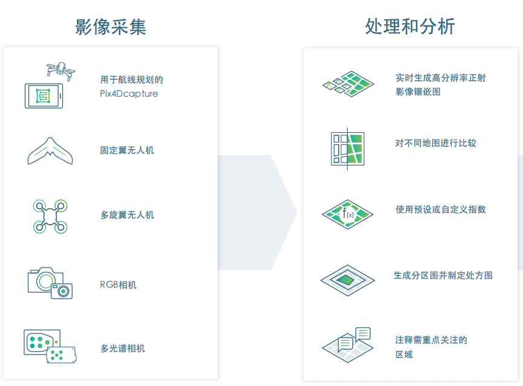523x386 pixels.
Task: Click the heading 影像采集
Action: click(111, 27)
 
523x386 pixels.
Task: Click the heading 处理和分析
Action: click(410, 27)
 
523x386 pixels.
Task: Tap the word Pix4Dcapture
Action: click(129, 94)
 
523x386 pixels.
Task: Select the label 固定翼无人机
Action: click(127, 150)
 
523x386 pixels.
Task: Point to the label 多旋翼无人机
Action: click(127, 215)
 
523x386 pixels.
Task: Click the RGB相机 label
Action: click(118, 285)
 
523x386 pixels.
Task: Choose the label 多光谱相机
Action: click(123, 349)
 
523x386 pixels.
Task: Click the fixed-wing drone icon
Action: click(50, 151)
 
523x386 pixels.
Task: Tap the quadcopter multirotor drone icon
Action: click(50, 216)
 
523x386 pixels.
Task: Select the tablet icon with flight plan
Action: click(44, 96)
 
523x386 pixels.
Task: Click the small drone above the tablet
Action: click(60, 70)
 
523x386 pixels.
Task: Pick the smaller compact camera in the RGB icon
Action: click(62, 291)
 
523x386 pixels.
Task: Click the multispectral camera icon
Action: click(50, 346)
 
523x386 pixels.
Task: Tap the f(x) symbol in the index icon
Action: click(348, 213)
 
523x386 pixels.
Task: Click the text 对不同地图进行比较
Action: click(435, 143)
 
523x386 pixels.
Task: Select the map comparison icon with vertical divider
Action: click(348, 149)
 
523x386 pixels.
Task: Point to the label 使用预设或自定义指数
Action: click(441, 210)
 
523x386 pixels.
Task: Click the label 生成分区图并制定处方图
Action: click(443, 275)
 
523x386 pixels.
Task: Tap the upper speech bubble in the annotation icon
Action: click(363, 333)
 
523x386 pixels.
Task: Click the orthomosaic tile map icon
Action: click(348, 84)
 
